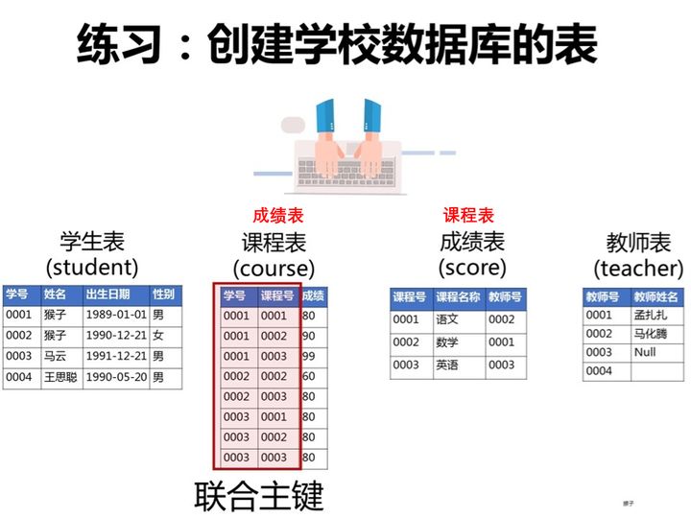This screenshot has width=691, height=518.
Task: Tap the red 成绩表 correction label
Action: point(277,216)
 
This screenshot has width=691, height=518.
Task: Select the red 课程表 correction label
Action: point(468,216)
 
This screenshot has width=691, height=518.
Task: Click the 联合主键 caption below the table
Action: point(259,496)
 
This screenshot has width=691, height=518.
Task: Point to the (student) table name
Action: point(92,266)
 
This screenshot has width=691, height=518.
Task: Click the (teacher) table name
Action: point(638,269)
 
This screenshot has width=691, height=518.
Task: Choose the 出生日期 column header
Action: point(107,294)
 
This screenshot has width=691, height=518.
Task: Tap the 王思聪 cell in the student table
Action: point(61,377)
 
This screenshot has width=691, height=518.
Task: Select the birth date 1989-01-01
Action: point(116,315)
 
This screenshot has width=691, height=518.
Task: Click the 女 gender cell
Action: point(158,336)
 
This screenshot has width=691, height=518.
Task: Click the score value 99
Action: point(309,357)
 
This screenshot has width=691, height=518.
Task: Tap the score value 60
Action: point(309,377)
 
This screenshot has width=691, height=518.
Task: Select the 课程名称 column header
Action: point(458,297)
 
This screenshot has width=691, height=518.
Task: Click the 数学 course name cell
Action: point(447,342)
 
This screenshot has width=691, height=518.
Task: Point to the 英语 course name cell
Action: point(447,365)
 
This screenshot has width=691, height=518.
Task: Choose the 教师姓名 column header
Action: point(655,297)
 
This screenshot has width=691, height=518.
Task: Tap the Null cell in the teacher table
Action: point(645,352)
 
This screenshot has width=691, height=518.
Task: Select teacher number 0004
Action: point(599,371)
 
